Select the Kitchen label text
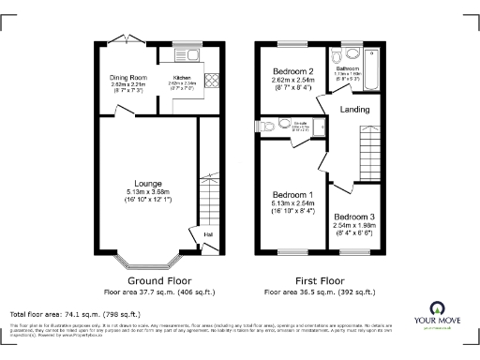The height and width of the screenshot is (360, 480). pos(181,79)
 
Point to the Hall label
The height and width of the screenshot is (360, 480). pos(207,233)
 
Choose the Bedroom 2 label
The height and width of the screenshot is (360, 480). pos(292,71)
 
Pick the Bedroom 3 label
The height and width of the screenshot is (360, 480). pos(353,216)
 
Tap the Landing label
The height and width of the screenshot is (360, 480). pos(354,110)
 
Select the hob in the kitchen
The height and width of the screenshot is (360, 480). pos(212,80)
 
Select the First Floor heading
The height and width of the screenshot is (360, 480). pos(316,279)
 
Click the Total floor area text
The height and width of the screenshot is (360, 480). pos(74,314)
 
